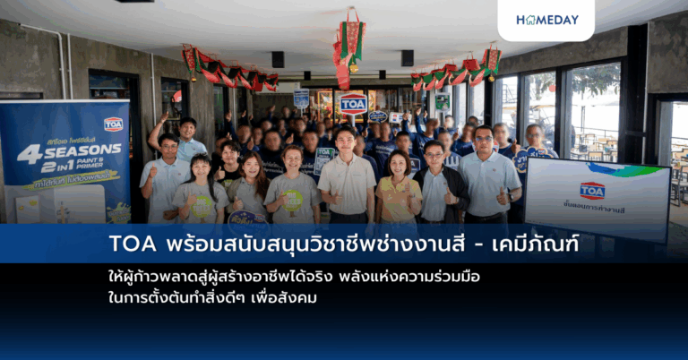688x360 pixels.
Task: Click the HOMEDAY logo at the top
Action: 546,19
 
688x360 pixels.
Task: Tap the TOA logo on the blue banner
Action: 114,124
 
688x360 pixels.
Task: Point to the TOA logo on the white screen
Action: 592,190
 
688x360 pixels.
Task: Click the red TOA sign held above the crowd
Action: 353,103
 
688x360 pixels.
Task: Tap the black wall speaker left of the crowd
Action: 279,59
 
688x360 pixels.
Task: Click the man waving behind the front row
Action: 184,139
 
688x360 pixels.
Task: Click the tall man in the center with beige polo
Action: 346,174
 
